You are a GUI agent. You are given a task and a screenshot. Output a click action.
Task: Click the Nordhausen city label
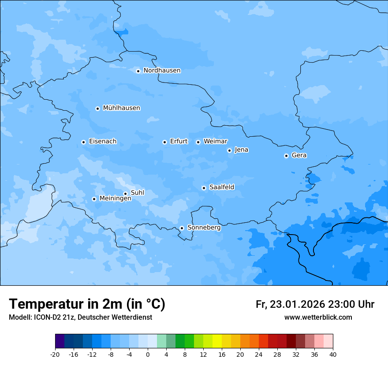click(162, 71)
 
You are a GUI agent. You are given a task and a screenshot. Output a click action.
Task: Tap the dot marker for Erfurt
click(164, 142)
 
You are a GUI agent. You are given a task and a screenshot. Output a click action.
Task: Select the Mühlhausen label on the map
click(121, 108)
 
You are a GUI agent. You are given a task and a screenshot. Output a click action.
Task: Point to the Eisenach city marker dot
click(83, 142)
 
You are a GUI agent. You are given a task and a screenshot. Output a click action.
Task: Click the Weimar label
click(215, 142)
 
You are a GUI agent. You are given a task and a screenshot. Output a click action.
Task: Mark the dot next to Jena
click(229, 150)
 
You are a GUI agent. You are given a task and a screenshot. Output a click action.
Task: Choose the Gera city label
click(299, 155)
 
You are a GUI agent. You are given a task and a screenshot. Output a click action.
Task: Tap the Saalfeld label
click(222, 187)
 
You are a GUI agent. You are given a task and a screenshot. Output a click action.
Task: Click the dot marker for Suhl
click(125, 194)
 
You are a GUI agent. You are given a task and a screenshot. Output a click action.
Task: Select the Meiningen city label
click(116, 198)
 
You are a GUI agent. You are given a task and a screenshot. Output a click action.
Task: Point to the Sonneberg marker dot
click(182, 228)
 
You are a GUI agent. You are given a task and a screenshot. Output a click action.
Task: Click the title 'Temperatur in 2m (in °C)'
click(87, 304)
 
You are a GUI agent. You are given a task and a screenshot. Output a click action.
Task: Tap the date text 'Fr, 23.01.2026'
click(290, 304)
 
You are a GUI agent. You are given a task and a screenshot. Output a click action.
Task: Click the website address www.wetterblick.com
click(318, 317)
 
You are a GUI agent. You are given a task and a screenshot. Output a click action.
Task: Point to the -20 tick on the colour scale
click(55, 354)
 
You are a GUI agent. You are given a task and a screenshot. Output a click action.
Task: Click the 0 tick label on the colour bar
click(148, 354)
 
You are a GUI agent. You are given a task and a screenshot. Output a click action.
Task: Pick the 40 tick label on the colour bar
click(333, 354)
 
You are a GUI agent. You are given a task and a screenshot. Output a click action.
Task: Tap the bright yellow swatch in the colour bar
click(217, 341)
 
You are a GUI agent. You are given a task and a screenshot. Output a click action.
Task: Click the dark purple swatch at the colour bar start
click(60, 341)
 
